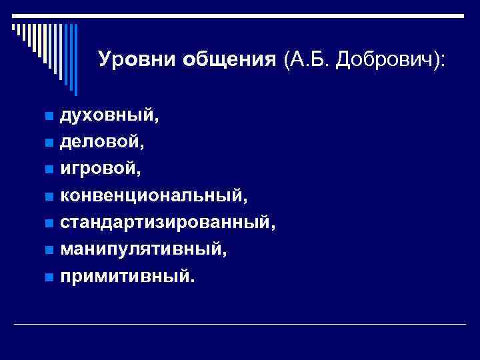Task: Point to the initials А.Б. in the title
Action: click(x=307, y=60)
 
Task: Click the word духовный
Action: click(x=109, y=116)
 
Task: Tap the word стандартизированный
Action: click(x=167, y=222)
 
